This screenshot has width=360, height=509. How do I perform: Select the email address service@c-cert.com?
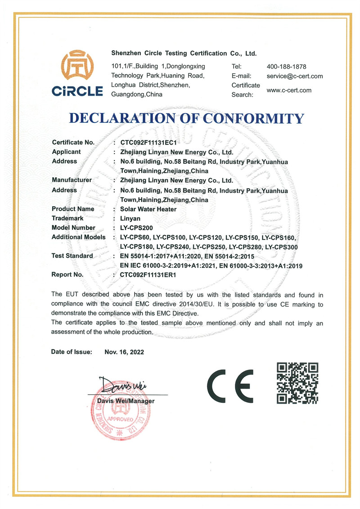[295, 76]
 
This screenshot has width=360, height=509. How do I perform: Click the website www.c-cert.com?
[289, 90]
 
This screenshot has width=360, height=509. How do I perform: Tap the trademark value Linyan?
[130, 218]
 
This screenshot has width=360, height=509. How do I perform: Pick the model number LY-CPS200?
[137, 228]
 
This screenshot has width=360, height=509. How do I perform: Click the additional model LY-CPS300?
[282, 247]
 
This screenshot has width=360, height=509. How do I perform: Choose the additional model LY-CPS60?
[135, 237]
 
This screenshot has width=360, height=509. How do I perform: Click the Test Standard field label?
[72, 256]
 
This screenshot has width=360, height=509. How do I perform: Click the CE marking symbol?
[230, 386]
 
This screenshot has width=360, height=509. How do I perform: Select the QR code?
[297, 383]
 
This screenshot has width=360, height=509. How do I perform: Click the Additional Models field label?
[79, 237]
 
